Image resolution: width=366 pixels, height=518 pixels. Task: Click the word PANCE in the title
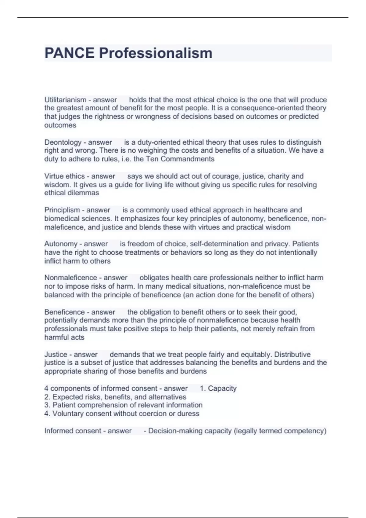(x=70, y=53)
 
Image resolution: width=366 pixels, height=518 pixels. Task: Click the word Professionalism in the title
(x=156, y=53)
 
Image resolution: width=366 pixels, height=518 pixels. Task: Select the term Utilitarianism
(x=65, y=100)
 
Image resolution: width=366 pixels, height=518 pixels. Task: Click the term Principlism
(x=62, y=210)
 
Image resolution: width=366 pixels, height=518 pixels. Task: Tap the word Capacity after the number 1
(x=222, y=388)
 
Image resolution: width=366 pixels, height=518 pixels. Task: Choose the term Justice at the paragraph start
(x=56, y=354)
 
